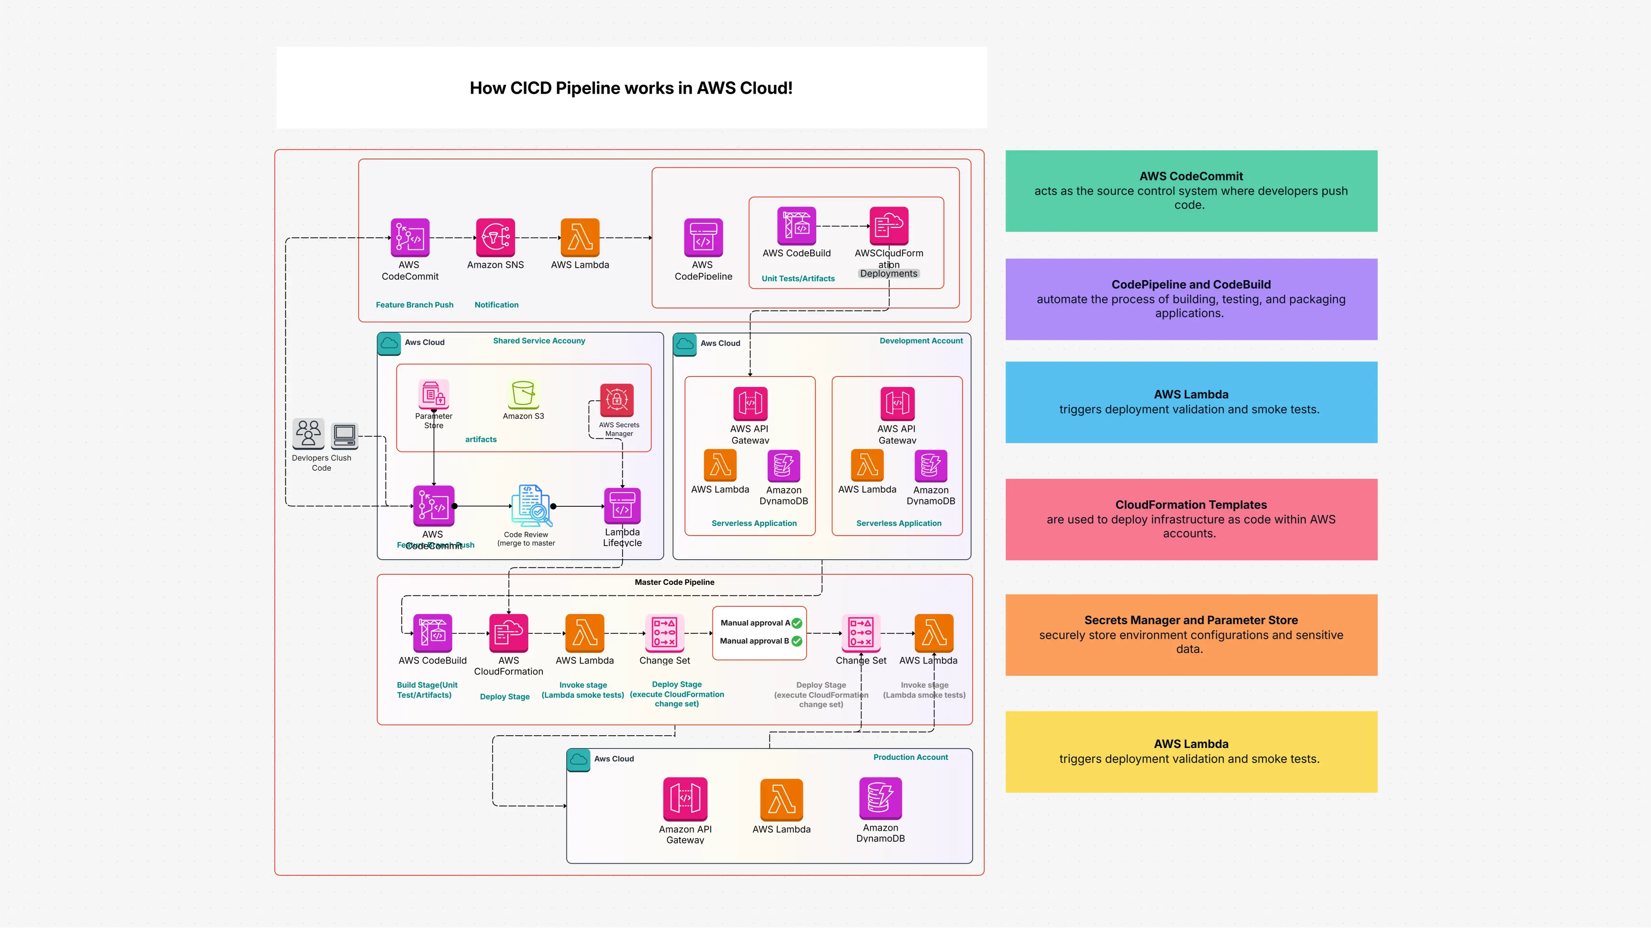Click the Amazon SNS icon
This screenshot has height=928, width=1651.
tap(495, 238)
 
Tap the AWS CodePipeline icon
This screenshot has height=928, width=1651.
tap(703, 238)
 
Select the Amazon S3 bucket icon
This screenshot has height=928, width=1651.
tap(523, 393)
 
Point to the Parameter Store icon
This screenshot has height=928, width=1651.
tap(433, 393)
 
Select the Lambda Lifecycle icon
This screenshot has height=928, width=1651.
tap(621, 506)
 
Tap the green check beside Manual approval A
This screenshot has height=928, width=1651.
tap(796, 623)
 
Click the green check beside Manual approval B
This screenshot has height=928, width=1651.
tap(796, 641)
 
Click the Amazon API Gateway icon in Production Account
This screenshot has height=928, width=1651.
tap(685, 799)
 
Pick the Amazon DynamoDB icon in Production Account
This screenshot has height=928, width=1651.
tap(880, 798)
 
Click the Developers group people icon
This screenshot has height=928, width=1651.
tap(308, 433)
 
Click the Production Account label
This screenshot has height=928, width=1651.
tap(910, 757)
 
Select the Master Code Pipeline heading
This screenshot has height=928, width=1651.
tap(674, 582)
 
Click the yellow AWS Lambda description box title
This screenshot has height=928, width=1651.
tap(1191, 743)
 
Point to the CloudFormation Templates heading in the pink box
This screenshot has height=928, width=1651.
tap(1191, 504)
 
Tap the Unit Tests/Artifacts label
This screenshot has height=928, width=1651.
tap(798, 278)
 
